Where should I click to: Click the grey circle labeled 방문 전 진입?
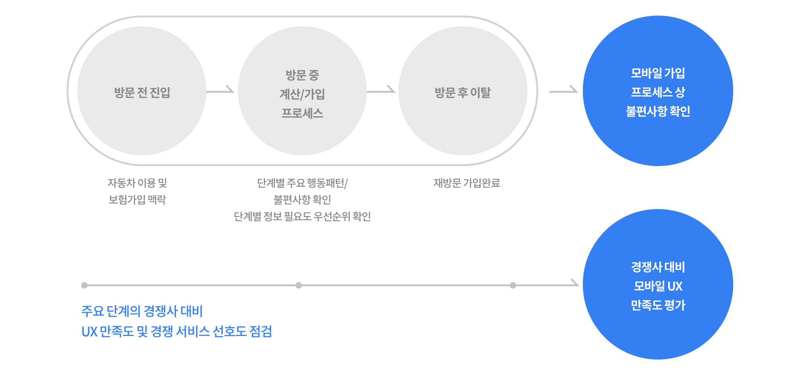[x=142, y=91]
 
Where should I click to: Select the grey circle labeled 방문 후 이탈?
[x=463, y=91]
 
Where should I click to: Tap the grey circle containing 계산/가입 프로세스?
[x=302, y=91]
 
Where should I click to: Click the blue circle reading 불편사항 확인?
[x=658, y=91]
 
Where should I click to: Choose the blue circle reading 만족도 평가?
[x=658, y=284]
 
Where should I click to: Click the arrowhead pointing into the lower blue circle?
[x=575, y=283]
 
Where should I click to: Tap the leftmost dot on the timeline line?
[x=84, y=285]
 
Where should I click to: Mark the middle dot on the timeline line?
[x=299, y=285]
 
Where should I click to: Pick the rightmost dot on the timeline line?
[x=513, y=285]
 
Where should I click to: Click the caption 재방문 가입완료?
[x=467, y=183]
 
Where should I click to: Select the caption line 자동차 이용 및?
[x=137, y=183]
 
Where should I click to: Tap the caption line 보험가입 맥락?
[x=137, y=200]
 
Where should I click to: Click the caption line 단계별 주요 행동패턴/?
[x=302, y=183]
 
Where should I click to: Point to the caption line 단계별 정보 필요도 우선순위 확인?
[x=302, y=217]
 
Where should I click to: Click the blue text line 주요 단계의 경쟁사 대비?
[x=142, y=311]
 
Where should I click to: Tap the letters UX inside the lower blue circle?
[x=675, y=286]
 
